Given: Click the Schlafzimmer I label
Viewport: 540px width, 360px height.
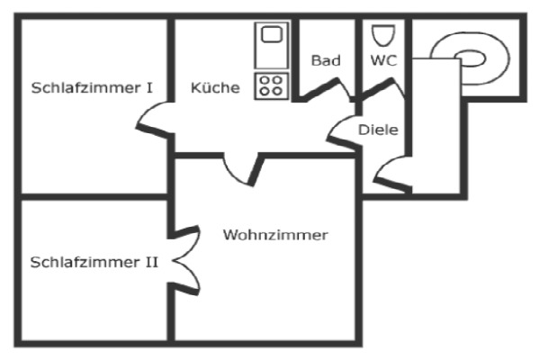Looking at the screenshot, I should [91, 88].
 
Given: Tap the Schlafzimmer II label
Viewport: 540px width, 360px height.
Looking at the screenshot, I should [94, 263].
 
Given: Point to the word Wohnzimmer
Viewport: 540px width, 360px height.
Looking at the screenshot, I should [275, 235].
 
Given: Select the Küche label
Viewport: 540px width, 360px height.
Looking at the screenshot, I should [215, 88].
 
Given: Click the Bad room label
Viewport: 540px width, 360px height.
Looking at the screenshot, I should [326, 61].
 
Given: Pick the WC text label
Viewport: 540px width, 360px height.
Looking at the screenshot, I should [383, 61].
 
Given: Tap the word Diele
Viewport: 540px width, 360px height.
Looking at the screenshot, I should [378, 130].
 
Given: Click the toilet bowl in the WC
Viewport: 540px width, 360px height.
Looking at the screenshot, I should [382, 36].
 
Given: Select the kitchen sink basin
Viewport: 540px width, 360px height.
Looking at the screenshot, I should [270, 36].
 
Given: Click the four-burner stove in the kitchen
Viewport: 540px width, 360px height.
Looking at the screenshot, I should [270, 85].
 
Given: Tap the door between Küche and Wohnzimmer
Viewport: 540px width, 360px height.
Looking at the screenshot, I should [241, 168].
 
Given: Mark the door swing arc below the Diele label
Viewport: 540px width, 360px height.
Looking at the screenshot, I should [388, 174].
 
